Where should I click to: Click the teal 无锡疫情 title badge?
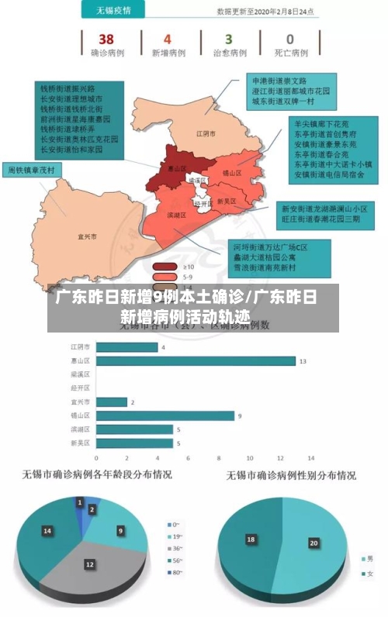(113, 11)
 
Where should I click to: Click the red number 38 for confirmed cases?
(106, 39)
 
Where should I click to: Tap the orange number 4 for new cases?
(168, 39)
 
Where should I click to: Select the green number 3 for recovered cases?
(228, 39)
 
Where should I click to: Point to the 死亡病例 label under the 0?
(290, 53)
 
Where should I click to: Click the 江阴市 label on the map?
(205, 133)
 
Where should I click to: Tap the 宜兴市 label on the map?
(87, 236)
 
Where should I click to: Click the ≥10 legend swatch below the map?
(165, 266)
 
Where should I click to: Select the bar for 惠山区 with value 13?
(195, 360)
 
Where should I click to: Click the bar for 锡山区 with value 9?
(164, 415)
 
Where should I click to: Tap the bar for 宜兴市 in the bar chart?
(110, 402)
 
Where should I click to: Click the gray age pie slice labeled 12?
(90, 565)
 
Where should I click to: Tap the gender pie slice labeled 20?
(314, 543)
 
